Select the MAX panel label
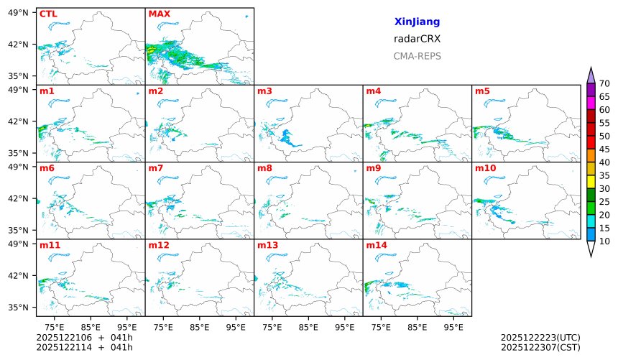click(159, 14)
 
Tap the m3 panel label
click(264, 91)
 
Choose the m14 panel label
click(376, 245)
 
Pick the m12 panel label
click(158, 245)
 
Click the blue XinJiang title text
click(417, 22)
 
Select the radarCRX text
click(417, 39)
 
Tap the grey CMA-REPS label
click(417, 56)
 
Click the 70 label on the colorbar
click(604, 84)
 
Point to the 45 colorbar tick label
click(604, 149)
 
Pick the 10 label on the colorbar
click(604, 241)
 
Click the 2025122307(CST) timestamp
click(540, 348)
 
